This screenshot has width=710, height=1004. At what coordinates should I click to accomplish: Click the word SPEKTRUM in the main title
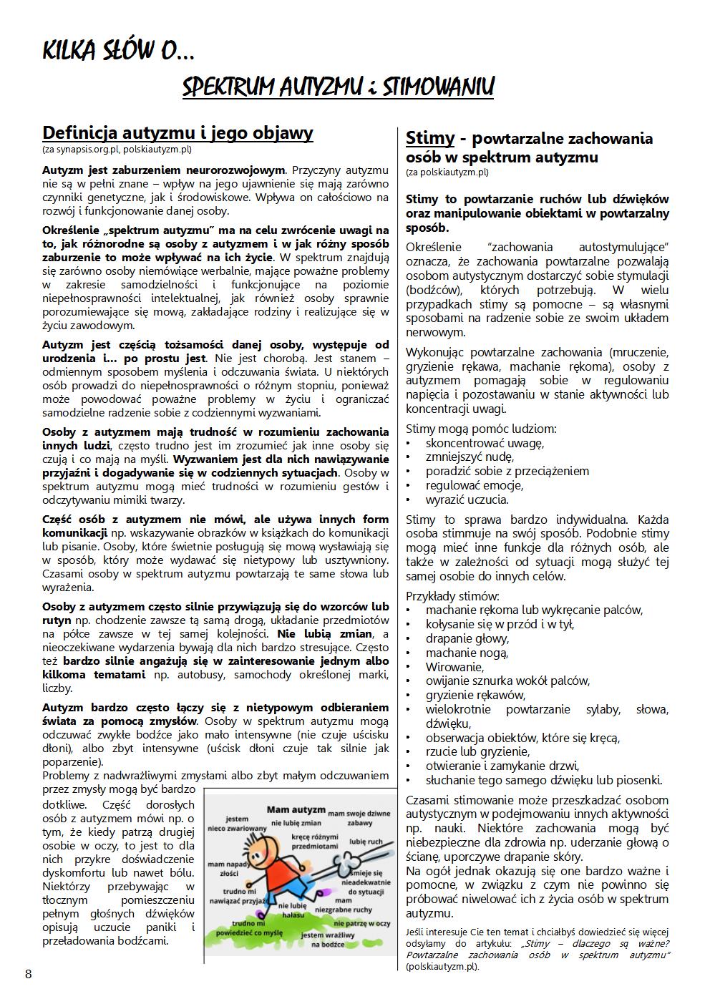228,87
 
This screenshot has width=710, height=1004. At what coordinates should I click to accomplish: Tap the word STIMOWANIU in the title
438,87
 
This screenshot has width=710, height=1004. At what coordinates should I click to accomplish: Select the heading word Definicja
79,133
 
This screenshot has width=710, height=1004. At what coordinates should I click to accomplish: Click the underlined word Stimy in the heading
429,138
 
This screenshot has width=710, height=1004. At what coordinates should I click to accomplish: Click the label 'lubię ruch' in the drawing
366,842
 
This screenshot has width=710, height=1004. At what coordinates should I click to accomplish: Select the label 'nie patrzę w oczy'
364,923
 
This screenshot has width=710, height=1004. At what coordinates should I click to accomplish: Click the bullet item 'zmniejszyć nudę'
469,457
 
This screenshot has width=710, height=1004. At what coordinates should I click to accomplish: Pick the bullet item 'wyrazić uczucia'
467,499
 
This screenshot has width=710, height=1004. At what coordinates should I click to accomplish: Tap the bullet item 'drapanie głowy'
467,638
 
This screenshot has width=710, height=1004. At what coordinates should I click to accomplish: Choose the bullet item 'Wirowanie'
454,667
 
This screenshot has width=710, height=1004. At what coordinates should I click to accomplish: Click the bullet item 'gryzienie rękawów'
475,695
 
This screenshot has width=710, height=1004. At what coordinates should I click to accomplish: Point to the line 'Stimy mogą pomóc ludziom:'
481,429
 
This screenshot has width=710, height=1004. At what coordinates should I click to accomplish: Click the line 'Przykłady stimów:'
452,596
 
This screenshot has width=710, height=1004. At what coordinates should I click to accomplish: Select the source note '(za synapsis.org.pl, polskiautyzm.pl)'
117,150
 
